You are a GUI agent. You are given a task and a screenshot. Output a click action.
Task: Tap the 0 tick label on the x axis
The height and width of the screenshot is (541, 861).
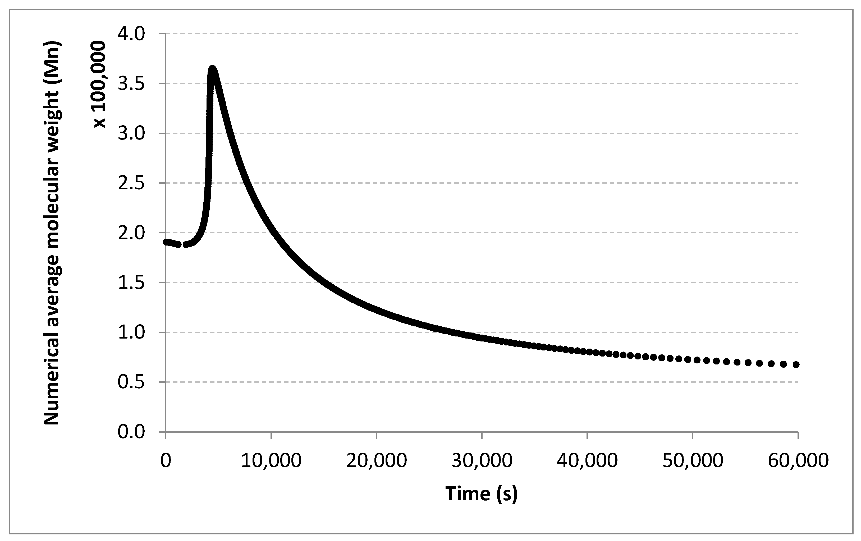pos(166,461)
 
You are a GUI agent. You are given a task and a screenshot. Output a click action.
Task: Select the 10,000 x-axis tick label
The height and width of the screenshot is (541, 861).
pos(271,461)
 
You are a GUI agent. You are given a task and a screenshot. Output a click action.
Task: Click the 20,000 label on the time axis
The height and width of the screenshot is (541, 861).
pos(377,461)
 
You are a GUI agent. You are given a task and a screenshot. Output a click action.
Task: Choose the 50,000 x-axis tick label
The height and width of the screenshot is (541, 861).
pos(693,461)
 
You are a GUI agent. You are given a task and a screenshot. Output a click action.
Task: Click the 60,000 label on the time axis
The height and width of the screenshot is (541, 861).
pos(798,461)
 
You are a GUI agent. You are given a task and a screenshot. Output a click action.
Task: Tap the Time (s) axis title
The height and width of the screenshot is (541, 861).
pos(481,494)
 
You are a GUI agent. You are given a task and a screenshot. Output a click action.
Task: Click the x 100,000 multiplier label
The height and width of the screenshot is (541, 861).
pos(100,84)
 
